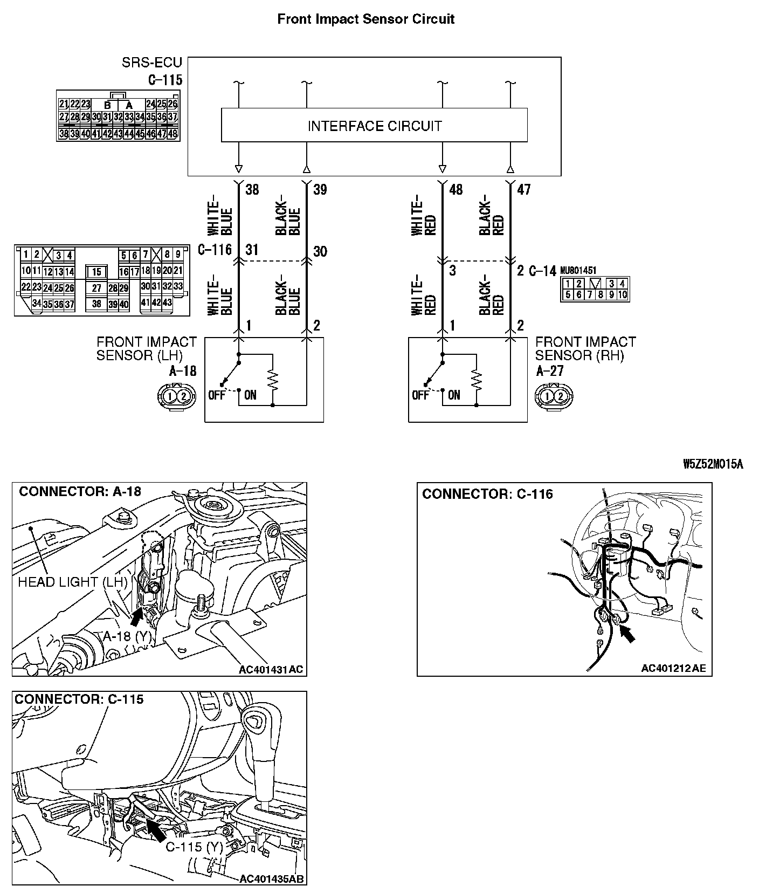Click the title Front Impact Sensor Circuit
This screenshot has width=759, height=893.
365,19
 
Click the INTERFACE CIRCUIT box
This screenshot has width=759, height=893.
374,126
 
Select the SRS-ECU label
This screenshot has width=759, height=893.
152,63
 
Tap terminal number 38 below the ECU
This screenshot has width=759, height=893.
252,189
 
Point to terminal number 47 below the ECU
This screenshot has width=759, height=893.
523,189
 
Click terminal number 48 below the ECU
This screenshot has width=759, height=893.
456,189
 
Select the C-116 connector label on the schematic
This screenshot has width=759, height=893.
215,250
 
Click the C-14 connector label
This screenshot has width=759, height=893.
542,271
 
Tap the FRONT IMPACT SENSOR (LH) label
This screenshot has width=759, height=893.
146,348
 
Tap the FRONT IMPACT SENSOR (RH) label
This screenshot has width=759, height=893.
585,348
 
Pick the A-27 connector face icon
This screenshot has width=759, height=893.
554,396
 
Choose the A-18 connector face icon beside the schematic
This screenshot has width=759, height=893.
176,396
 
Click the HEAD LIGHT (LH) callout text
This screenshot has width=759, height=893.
72,582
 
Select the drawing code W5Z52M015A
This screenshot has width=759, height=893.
712,464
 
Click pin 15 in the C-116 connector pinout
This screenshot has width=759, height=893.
96,272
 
